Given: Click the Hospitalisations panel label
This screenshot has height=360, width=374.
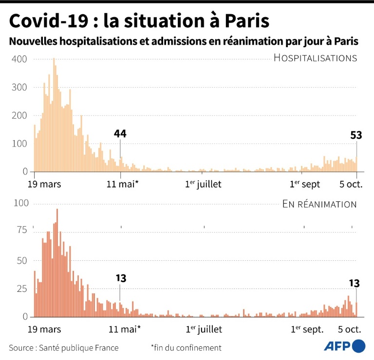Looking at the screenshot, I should click(x=315, y=58).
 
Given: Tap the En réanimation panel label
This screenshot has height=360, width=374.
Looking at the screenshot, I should click(x=319, y=204).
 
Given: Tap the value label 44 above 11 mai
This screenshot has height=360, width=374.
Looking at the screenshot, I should click(x=120, y=133).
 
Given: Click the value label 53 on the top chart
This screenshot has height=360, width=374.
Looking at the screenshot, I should click(x=356, y=135).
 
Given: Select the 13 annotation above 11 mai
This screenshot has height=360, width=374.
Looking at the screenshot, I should click(x=121, y=278).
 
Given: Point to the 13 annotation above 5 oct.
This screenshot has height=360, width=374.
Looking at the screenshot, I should click(x=355, y=283).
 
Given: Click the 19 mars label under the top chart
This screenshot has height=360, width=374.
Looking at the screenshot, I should click(x=44, y=184).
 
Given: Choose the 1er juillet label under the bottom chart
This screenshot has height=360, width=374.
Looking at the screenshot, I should click(x=204, y=329).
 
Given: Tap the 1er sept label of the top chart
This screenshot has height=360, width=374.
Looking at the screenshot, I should click(x=305, y=184).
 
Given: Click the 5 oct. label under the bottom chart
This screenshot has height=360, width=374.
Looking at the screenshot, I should click(x=349, y=329).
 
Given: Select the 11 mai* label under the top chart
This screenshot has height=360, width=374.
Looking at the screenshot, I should click(x=122, y=184).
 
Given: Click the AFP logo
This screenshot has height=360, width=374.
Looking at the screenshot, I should click(x=345, y=346).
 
